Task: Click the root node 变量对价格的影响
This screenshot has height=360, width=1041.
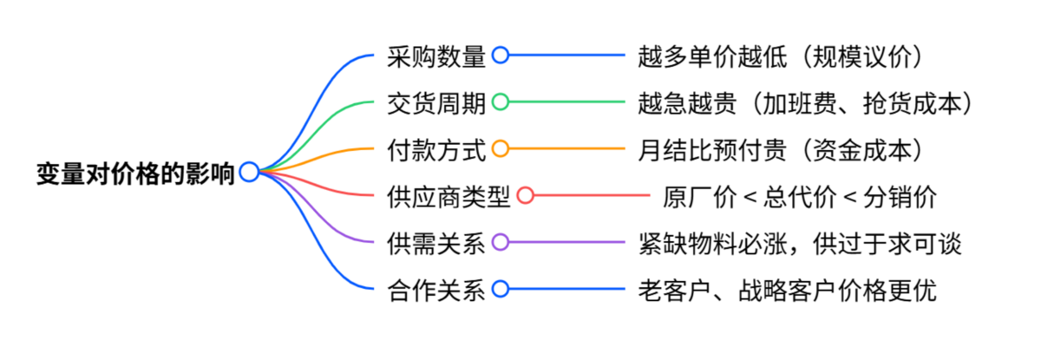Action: click(135, 173)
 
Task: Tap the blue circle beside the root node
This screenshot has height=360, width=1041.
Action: click(249, 172)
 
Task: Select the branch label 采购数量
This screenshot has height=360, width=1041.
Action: click(435, 56)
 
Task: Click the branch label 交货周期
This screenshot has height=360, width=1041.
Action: click(435, 102)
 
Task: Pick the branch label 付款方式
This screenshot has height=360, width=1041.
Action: click(435, 149)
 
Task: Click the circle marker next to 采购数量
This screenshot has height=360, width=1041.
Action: click(501, 56)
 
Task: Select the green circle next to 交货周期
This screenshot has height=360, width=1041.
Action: click(501, 102)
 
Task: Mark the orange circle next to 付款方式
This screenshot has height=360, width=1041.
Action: click(501, 149)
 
